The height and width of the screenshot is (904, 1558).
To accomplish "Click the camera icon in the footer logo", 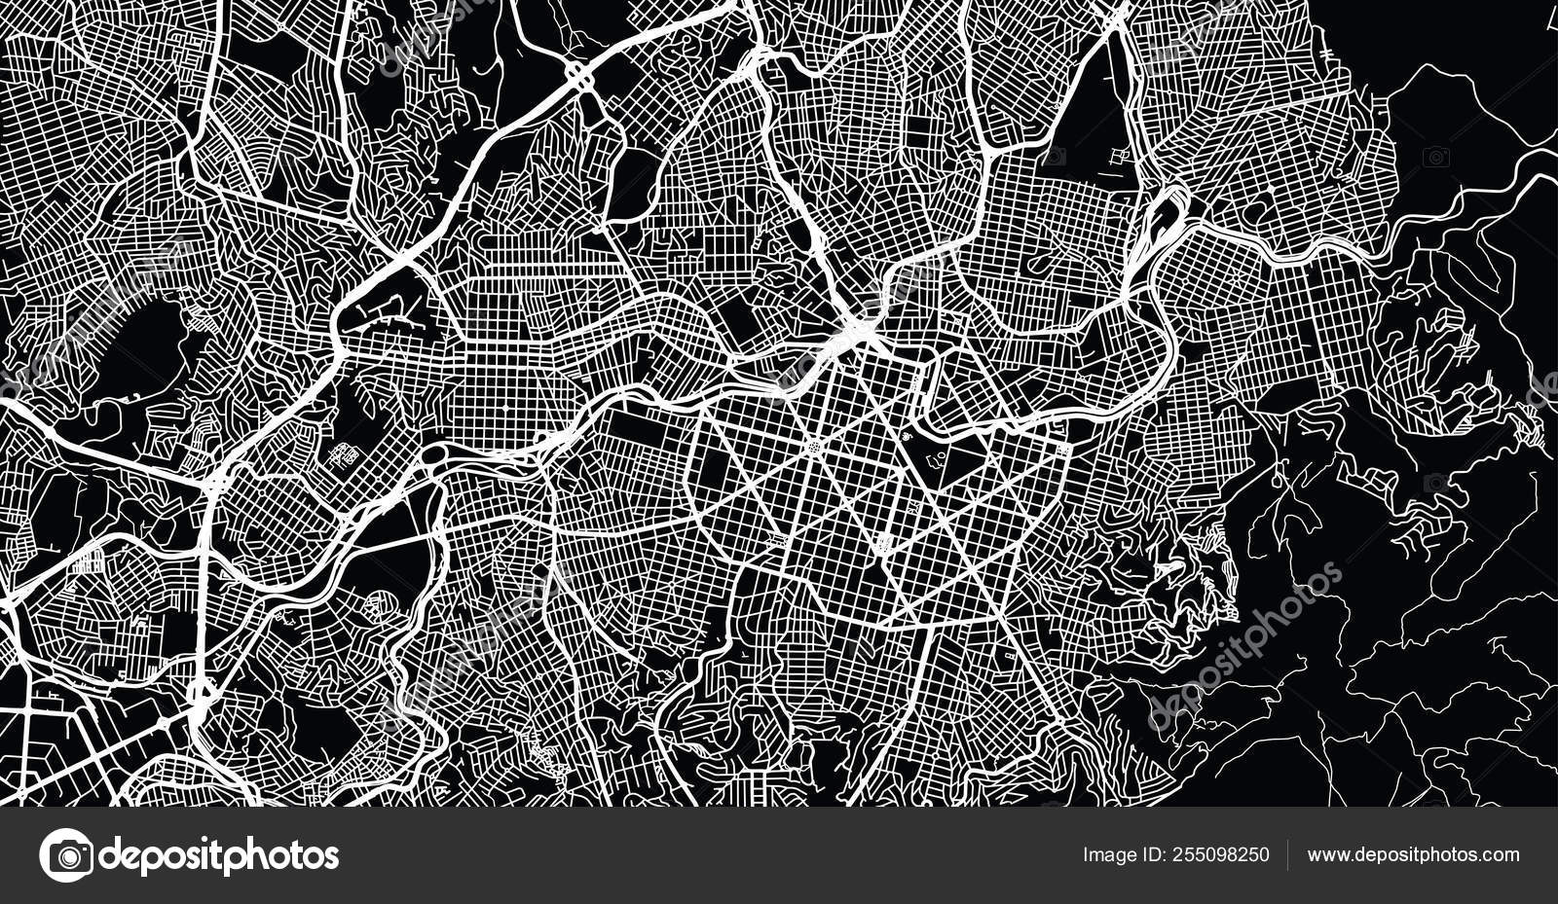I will coord(66,855).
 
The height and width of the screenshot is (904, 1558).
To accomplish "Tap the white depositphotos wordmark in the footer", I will coord(220,856).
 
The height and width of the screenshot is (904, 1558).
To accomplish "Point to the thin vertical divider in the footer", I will coord(1288,855).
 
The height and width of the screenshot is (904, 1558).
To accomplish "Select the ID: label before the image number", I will coord(1151,855).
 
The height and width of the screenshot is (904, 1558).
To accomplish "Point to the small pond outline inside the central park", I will coord(936,453).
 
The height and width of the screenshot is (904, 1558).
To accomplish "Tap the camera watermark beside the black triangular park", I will coord(1054,156).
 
